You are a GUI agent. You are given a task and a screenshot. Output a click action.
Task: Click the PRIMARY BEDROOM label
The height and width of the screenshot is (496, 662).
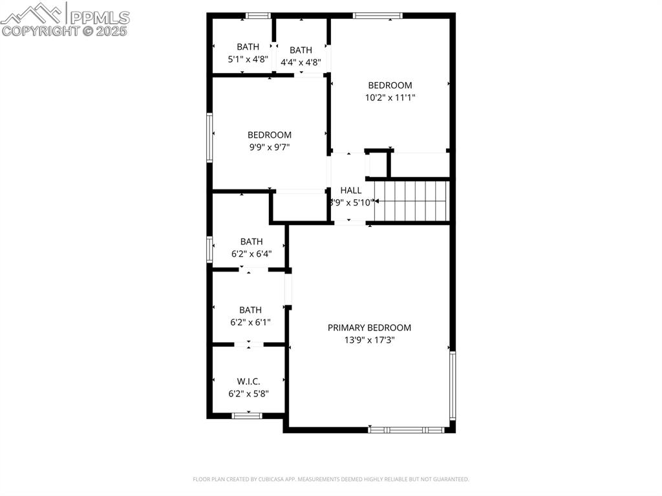369,328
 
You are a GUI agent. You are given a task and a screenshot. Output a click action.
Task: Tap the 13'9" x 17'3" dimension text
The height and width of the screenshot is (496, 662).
369,340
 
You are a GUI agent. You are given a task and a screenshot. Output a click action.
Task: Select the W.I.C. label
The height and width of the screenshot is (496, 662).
248,382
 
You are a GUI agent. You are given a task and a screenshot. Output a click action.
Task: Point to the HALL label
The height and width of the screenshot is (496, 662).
351,190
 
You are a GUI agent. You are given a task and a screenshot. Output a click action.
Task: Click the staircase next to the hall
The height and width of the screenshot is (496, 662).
411,200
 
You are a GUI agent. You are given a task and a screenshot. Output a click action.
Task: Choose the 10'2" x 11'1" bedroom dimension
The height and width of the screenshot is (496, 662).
390,98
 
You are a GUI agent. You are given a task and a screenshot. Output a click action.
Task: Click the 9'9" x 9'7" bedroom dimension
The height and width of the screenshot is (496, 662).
269,147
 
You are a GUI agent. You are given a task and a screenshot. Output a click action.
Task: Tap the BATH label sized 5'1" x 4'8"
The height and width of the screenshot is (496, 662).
248,47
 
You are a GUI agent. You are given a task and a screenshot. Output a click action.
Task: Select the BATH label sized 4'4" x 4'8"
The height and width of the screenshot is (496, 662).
301,50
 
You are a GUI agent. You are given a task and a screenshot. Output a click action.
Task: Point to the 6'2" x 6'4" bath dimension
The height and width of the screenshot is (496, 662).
251,254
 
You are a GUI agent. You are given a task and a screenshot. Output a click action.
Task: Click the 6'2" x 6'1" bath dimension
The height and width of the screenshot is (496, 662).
250,322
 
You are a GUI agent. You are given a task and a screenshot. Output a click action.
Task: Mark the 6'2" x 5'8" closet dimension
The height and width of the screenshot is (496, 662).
248,393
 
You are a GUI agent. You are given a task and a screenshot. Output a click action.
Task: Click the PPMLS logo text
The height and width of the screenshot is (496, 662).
99,17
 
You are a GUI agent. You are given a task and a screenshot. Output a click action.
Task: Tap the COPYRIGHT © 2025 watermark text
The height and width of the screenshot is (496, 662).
65,30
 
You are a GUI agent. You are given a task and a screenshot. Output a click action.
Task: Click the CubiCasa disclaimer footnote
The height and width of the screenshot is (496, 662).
330,479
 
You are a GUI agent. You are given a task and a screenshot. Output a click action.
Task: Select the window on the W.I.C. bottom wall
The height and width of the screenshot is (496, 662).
247,415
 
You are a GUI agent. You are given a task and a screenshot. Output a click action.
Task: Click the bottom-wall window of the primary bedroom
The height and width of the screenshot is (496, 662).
407,429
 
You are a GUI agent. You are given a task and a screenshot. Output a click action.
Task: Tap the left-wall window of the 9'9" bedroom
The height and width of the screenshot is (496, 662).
209,137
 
